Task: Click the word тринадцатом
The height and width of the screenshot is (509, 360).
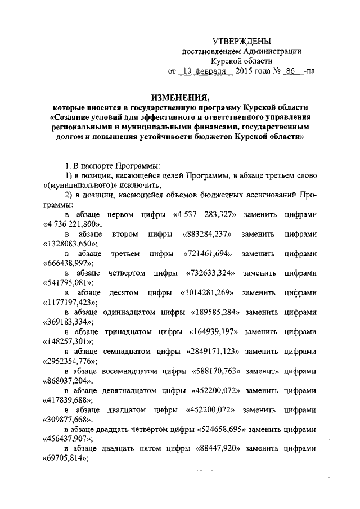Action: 123,332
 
